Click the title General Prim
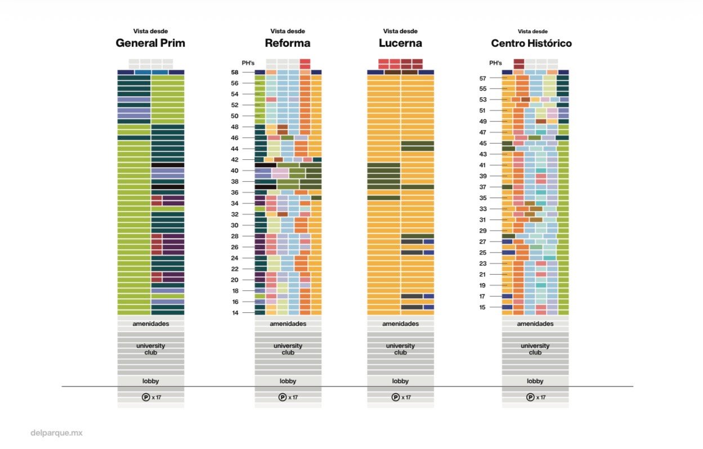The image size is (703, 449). point(150,43)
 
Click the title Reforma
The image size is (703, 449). point(288,43)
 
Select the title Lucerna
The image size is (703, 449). point(400,43)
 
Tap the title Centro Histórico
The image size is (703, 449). point(531,43)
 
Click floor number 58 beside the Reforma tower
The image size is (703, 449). point(235,73)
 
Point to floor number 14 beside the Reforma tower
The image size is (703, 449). point(235,312)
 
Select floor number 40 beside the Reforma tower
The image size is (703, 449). point(235,170)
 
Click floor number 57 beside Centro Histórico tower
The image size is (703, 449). point(482,78)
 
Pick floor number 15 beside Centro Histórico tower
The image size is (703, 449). point(482,307)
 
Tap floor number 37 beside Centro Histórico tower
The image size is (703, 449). point(482,187)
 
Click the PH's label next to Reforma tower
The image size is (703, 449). point(240,63)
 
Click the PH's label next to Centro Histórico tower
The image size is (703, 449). point(495,63)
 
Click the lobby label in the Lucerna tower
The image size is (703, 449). point(400,381)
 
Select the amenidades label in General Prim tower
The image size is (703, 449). point(150,324)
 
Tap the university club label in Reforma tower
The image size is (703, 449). point(288,349)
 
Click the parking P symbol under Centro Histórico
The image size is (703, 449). point(530,397)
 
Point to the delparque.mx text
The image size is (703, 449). point(56,433)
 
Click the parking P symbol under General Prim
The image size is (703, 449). point(146,397)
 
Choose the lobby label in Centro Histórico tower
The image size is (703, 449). point(535,381)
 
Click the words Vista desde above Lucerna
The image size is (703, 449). point(400,32)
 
